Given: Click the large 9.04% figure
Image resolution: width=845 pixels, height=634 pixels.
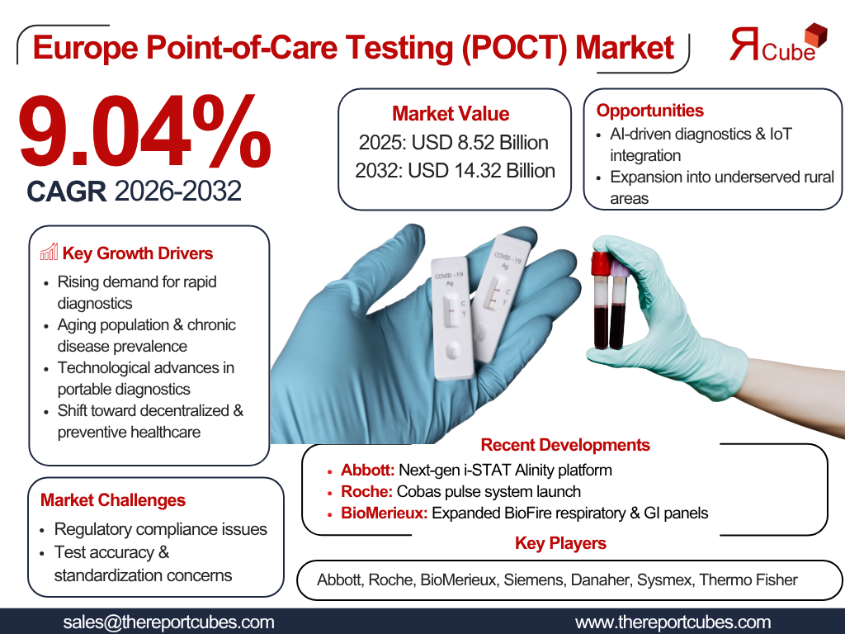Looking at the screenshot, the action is (144, 130).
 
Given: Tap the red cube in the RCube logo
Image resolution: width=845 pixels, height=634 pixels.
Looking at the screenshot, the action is (815, 35).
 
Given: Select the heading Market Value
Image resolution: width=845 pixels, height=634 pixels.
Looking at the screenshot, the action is (451, 114).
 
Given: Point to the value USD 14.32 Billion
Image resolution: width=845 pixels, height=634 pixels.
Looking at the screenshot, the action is (481, 170).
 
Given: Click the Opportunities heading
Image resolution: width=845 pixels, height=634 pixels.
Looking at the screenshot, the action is (650, 111).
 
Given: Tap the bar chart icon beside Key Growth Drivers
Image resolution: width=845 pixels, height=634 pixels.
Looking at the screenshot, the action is (49, 252).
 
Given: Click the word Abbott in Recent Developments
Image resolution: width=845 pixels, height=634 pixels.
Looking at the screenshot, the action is (367, 470).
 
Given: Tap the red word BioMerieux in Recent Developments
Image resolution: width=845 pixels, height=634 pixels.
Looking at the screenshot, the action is (384, 513).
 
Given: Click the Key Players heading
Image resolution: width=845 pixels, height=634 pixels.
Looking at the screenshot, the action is (560, 543).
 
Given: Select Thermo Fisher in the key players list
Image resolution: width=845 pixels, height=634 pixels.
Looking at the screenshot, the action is (748, 580).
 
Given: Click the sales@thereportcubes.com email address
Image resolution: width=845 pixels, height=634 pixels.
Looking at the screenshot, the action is (168, 622).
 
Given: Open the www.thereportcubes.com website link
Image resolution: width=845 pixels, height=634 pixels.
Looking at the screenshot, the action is (673, 622).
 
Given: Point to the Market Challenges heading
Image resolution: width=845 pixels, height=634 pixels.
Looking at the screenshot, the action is (112, 500).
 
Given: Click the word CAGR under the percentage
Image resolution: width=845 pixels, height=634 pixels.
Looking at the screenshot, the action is (66, 192).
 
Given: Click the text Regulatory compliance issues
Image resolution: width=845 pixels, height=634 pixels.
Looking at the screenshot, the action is (161, 529).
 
